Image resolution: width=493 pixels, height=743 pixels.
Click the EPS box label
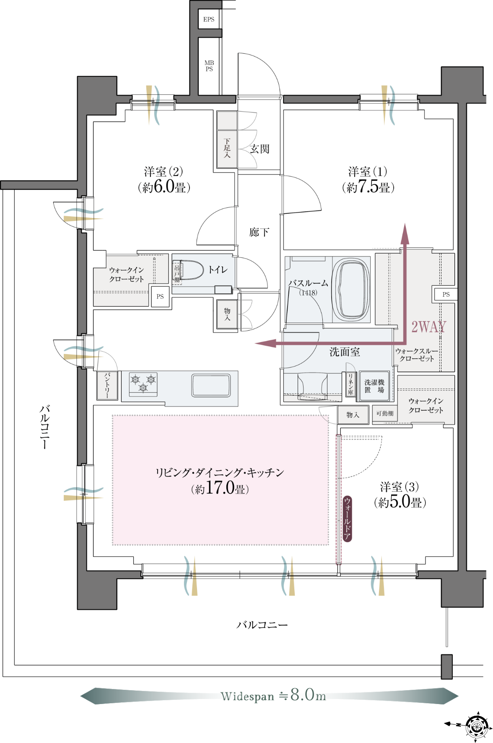tap(209, 19)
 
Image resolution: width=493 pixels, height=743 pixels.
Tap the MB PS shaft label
tap(209, 66)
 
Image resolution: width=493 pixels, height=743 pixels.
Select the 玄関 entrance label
tap(259, 149)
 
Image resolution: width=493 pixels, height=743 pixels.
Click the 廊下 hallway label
tap(259, 232)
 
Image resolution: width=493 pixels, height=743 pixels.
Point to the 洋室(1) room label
tap(368, 171)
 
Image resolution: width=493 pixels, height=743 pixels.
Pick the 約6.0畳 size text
tap(164, 187)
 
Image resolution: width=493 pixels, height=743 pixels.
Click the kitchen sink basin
tap(211, 385)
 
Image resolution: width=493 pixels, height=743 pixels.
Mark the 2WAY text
tap(428, 326)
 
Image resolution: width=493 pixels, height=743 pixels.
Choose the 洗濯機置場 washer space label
tap(374, 386)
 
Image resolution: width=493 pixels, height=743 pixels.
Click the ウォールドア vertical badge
tap(347, 519)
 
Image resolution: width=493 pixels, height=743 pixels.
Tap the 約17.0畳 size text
tap(220, 488)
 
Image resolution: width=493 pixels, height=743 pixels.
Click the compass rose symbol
tap(477, 725)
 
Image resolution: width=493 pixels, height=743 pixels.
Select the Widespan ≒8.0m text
tap(273, 696)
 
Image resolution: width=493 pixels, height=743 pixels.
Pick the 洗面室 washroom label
tap(345, 352)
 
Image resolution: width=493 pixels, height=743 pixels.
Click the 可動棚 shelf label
tap(385, 414)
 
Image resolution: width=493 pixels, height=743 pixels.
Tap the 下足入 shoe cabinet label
tap(227, 148)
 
